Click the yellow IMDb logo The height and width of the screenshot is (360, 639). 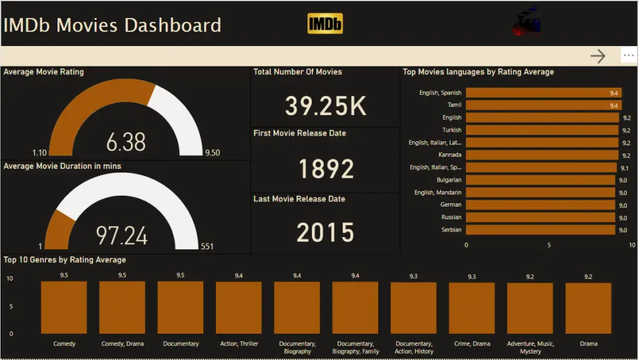pyautogui.click(x=325, y=24)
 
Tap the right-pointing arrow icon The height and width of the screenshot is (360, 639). pyautogui.click(x=597, y=56)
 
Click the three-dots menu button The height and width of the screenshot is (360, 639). pyautogui.click(x=629, y=56)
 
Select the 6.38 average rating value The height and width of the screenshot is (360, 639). pyautogui.click(x=126, y=142)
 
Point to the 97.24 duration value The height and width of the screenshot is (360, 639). pyautogui.click(x=122, y=235)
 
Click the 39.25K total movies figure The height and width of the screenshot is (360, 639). pyautogui.click(x=325, y=106)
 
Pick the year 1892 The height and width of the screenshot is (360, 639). pyautogui.click(x=326, y=169)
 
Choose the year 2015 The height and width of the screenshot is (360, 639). pyautogui.click(x=325, y=233)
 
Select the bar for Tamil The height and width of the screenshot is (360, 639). pyautogui.click(x=543, y=106)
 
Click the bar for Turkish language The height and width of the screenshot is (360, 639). pyautogui.click(x=543, y=130)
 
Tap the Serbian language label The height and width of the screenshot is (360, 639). pyautogui.click(x=451, y=230)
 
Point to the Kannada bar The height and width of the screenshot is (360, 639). pyautogui.click(x=543, y=155)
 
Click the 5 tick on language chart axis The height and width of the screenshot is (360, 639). pyautogui.click(x=549, y=245)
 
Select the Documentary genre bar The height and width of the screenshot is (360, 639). pyautogui.click(x=181, y=308)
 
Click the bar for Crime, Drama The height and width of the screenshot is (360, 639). pyautogui.click(x=472, y=308)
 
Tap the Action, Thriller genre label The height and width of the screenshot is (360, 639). pyautogui.click(x=239, y=344)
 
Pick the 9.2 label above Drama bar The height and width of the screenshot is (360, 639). pyautogui.click(x=588, y=276)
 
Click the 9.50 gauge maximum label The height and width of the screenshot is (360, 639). pyautogui.click(x=212, y=153)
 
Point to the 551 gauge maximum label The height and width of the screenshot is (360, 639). pyautogui.click(x=206, y=246)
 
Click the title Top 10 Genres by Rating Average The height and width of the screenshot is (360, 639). pyautogui.click(x=65, y=260)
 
